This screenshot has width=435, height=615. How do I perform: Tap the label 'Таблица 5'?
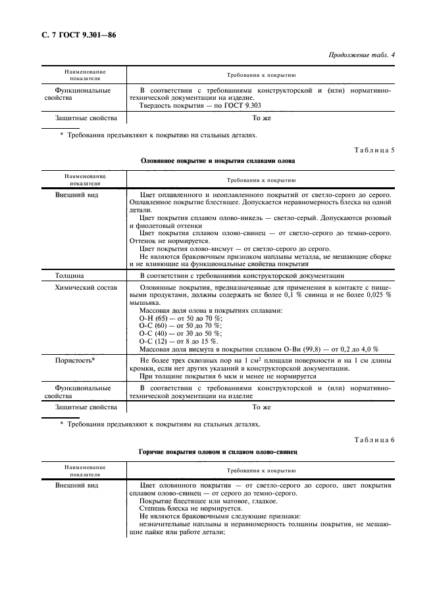point(374,150)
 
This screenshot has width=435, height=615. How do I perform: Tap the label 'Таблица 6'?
point(374,440)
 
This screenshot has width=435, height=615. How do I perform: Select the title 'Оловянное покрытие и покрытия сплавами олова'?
point(218,161)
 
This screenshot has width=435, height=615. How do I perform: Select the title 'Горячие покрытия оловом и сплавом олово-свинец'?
point(218,453)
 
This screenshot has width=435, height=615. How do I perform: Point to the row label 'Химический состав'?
point(86,288)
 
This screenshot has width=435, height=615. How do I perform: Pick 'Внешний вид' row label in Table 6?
point(76,484)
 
